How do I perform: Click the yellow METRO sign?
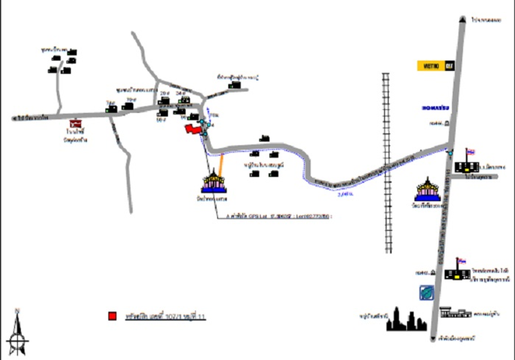431,66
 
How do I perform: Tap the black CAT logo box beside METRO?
450,66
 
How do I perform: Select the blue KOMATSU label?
435,108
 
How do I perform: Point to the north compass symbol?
17,330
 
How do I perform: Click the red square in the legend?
112,316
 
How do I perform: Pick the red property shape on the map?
193,129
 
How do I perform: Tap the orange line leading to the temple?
221,165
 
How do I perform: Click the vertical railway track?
387,161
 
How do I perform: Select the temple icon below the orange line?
214,182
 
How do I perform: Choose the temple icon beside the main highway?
428,190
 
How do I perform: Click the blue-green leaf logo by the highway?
426,293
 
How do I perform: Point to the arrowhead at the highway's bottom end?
433,339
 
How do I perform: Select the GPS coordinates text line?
280,216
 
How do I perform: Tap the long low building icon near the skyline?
455,312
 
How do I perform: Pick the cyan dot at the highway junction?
450,153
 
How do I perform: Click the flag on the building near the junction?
470,152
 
